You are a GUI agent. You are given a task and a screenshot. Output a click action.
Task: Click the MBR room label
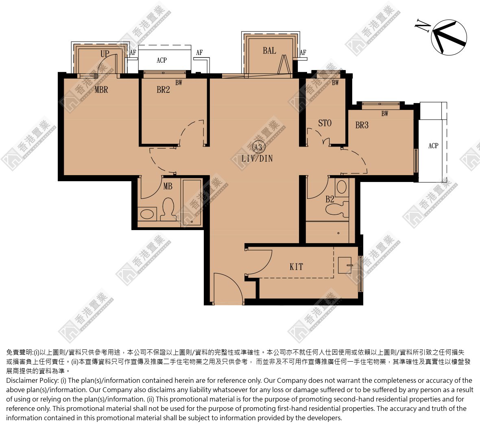101,90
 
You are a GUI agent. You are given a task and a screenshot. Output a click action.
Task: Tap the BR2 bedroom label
163,90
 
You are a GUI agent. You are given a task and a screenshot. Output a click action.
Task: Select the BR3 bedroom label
362,125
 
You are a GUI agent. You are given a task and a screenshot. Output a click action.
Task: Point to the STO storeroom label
325,123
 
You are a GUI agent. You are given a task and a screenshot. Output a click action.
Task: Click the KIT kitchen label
296,267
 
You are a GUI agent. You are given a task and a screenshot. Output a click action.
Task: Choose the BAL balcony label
269,50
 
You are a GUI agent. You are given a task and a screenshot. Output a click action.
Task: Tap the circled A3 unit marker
258,147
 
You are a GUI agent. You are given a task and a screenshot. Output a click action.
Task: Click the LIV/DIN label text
257,158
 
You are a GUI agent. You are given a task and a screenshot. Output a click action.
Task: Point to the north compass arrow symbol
449,37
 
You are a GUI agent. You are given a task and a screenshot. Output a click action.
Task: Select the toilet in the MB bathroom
168,210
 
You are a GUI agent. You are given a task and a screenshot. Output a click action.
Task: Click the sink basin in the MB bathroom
147,214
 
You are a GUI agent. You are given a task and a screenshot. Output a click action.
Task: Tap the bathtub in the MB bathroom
192,202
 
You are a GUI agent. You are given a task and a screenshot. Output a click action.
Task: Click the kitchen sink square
345,265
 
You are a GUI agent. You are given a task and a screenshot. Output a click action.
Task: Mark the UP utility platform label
105,54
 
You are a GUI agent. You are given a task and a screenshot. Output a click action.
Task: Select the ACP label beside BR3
433,146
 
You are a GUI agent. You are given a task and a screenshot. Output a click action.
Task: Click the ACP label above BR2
161,60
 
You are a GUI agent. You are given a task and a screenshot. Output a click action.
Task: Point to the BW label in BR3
385,114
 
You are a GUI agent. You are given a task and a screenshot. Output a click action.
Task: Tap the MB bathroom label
168,186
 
